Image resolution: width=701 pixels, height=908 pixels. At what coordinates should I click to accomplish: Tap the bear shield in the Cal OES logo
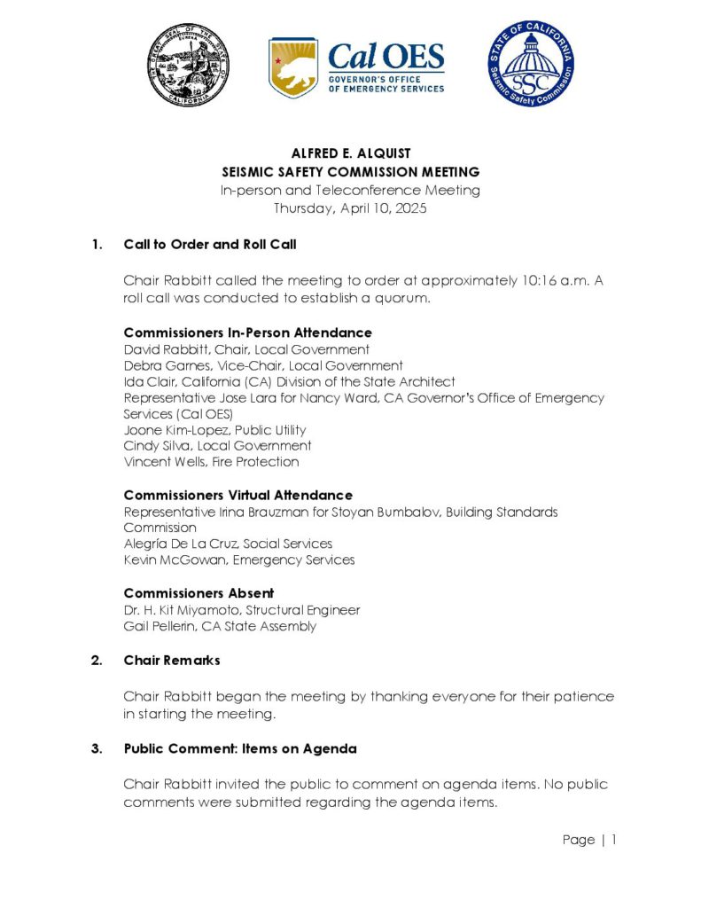[293, 68]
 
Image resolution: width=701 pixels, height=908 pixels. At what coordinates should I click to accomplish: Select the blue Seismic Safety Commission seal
[530, 65]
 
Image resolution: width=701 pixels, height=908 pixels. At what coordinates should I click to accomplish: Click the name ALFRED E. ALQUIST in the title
[350, 154]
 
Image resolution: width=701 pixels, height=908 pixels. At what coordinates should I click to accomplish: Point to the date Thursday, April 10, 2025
[350, 208]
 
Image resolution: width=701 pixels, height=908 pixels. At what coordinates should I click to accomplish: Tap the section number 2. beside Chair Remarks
[97, 661]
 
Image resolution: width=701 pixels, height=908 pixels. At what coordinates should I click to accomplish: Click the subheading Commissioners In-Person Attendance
[247, 333]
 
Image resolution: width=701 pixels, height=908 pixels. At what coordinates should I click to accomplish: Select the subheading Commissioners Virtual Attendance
[238, 495]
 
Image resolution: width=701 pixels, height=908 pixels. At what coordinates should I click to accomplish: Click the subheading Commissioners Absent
[199, 592]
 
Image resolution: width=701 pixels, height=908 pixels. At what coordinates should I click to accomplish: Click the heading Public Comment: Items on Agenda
[240, 748]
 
